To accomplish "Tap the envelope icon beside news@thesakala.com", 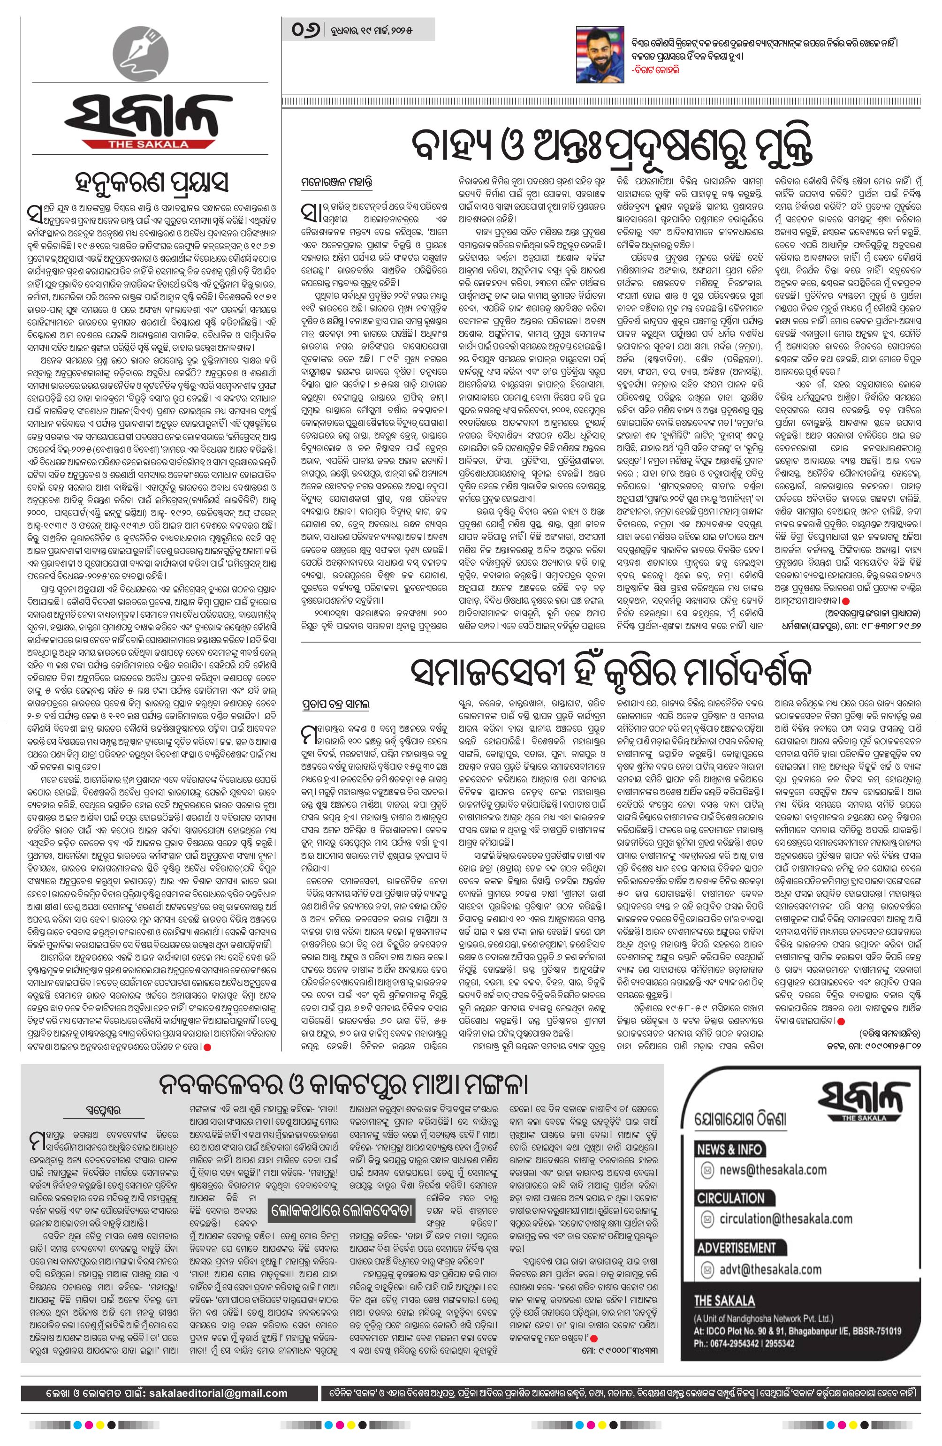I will (707, 1170).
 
